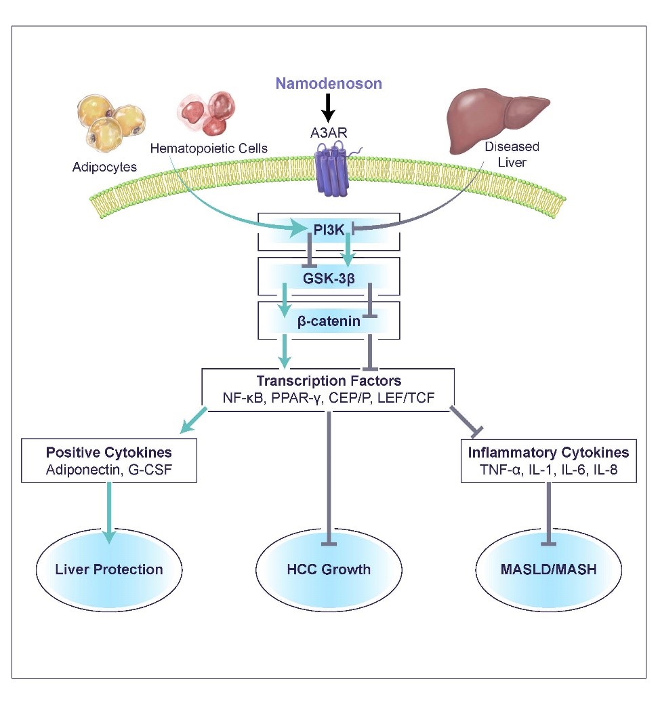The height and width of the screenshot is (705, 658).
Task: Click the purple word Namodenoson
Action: (328, 83)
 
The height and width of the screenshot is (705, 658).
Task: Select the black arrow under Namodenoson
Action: (328, 107)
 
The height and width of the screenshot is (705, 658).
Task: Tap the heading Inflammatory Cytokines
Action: (548, 452)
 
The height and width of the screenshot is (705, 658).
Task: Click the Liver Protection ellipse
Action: (108, 569)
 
